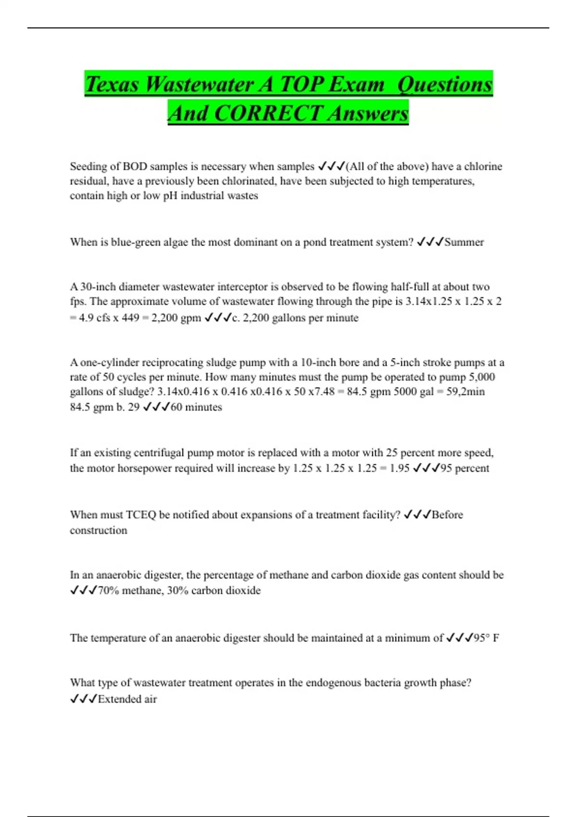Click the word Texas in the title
point(112,85)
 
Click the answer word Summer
point(464,242)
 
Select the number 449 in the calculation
point(130,318)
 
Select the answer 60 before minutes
point(176,407)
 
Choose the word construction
point(99,531)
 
